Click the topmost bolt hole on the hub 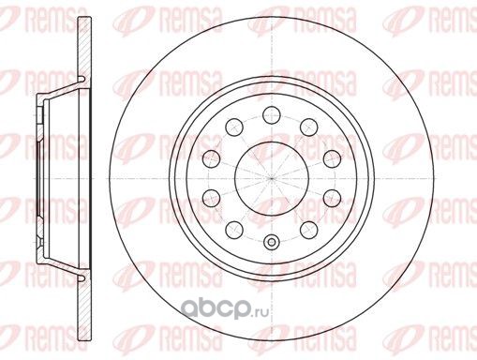(271, 115)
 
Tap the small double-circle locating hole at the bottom (271, 242)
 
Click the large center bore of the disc (272, 178)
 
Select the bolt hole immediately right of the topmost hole (308, 127)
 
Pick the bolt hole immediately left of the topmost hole (234, 127)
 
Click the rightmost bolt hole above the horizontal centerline (332, 158)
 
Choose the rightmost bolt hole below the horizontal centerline (332, 198)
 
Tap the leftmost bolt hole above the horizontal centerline (211, 158)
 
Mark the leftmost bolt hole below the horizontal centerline (211, 198)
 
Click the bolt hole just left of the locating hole (234, 230)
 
